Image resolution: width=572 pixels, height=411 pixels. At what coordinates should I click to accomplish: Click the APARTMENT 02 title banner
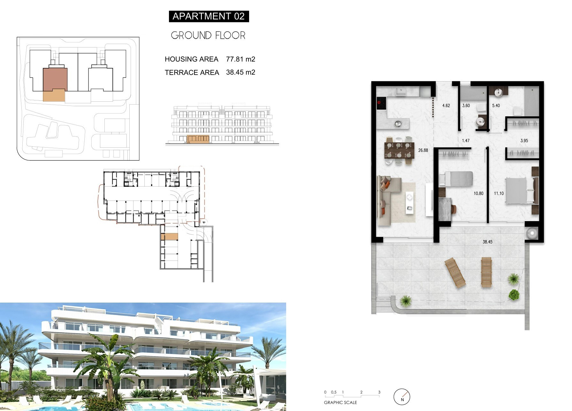[x=209, y=16]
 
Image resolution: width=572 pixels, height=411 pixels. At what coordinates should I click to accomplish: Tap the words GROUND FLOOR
[x=208, y=35]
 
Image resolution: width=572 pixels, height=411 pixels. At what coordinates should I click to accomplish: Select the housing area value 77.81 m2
[x=240, y=59]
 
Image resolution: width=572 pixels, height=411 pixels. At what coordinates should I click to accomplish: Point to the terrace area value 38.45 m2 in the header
[x=240, y=72]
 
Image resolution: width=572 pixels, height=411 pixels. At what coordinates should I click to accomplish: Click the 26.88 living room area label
[x=423, y=150]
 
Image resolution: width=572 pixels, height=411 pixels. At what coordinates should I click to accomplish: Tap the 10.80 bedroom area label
[x=478, y=193]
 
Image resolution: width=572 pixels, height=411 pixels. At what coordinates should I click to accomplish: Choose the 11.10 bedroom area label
[x=499, y=193]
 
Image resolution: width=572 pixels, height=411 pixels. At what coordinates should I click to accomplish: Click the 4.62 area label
[x=446, y=106]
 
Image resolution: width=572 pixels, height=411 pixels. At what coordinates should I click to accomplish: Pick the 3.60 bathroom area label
[x=466, y=106]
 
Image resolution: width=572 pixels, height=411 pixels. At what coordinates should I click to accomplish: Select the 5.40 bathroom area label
[x=496, y=106]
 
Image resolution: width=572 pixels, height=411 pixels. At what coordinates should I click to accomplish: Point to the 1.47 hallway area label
[x=466, y=141]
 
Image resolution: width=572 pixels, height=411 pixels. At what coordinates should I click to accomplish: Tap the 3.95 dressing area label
[x=524, y=141]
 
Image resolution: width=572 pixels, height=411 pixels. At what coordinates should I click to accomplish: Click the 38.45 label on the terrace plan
[x=487, y=242]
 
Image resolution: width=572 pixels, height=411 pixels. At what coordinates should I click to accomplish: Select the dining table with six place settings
[x=399, y=150]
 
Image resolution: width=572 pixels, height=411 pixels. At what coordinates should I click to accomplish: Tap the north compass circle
[x=402, y=397]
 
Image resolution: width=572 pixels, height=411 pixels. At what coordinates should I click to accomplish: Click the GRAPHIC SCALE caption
[x=340, y=403]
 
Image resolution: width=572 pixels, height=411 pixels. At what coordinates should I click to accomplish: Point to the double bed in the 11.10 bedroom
[x=519, y=191]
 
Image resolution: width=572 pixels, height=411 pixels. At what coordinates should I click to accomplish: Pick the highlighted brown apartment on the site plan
[x=55, y=79]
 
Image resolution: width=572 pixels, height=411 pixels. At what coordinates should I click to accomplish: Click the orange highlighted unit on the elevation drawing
[x=198, y=139]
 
